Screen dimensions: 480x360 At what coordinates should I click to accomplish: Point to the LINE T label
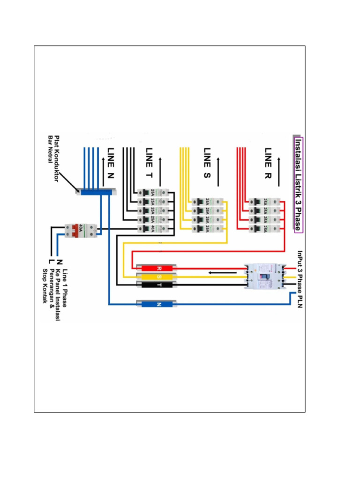(149, 162)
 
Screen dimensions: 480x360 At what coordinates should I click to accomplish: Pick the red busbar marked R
(157, 268)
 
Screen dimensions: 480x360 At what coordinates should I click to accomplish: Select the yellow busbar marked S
(157, 277)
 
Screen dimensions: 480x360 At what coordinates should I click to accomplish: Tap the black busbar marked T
(157, 285)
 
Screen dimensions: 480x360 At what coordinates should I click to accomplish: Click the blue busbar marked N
(157, 304)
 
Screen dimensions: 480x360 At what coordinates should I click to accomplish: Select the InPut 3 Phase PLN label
(300, 282)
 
